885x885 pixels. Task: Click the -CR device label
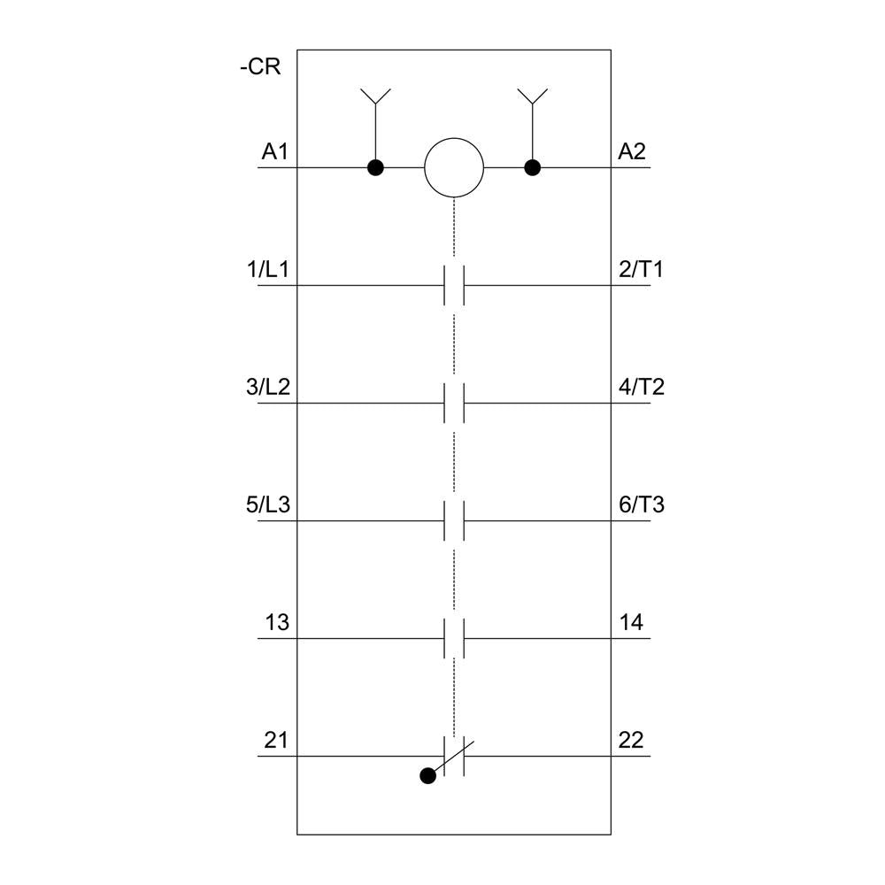[260, 66]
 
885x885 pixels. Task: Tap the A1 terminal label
[275, 151]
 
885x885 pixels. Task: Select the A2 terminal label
[632, 151]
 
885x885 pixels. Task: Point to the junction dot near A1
[375, 167]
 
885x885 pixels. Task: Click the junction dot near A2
[532, 167]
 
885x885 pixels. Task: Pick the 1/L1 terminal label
[268, 269]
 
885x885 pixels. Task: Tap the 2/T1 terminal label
[641, 269]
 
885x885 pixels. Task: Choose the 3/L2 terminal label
[268, 387]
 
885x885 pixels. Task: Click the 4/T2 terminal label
[642, 387]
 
